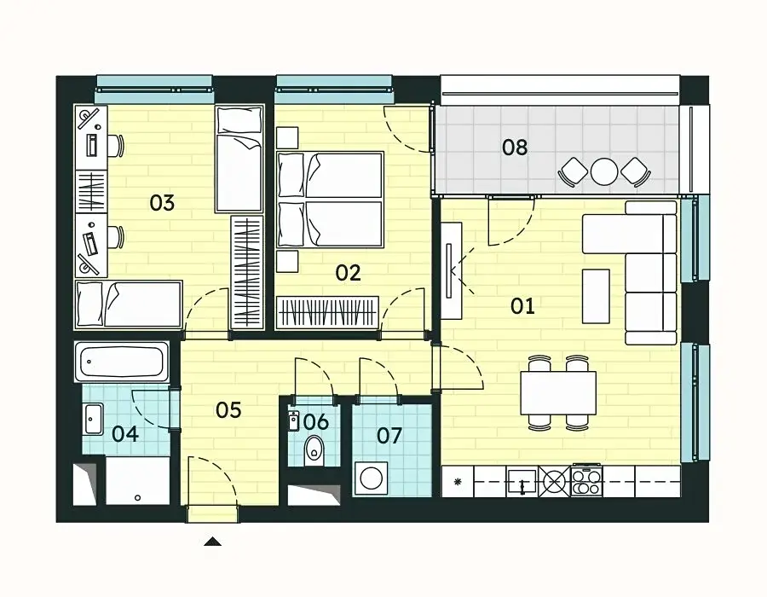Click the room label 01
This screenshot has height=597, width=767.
522,306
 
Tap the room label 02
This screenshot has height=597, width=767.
349,273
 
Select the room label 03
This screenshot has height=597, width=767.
162,203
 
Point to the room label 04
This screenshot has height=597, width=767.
125,434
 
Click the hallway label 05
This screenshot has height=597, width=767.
228,410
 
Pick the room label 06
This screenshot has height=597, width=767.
316,422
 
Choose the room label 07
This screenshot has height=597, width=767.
389,436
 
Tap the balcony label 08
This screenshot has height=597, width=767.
515,148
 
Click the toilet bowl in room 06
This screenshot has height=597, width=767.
313,450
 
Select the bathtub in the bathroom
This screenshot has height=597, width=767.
122,362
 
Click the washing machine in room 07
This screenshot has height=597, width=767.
371,478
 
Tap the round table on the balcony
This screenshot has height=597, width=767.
604,171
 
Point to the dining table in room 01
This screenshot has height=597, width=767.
558,393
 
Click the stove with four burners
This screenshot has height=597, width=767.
586,482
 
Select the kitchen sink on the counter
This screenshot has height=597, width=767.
522,482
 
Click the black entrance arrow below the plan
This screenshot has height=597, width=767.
213,542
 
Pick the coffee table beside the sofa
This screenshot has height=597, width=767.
596,296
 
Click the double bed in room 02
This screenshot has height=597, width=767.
330,200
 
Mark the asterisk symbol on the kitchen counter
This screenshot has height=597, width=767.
458,482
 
